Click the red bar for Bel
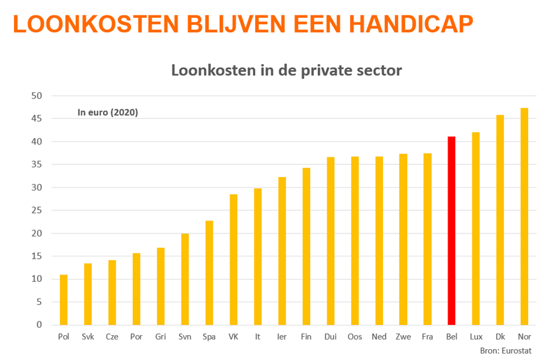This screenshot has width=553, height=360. [x=451, y=231]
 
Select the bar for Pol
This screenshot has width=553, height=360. [x=64, y=300]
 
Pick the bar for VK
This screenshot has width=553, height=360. [x=233, y=260]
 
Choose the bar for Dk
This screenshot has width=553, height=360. [x=500, y=220]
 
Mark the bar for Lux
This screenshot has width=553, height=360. [x=476, y=228]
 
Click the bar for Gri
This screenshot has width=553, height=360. [x=160, y=286]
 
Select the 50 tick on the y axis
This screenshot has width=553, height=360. [x=36, y=96]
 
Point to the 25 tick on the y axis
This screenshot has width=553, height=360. [x=36, y=210]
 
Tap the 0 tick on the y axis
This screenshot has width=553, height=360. [x=39, y=325]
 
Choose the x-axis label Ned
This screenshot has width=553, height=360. [x=378, y=336]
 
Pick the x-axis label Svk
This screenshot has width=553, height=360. [x=88, y=336]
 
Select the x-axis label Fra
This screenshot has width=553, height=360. [x=427, y=336]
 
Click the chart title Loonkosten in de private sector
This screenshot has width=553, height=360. [x=286, y=70]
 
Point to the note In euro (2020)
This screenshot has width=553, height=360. [x=108, y=113]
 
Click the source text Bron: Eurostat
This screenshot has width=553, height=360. [x=505, y=350]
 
